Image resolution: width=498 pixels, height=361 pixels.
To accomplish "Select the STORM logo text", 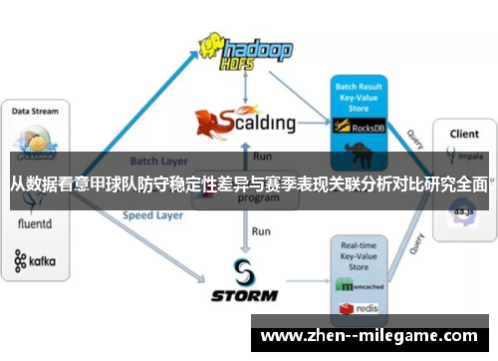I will tap(243, 295).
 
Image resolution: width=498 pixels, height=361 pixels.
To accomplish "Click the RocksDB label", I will tap(372, 128).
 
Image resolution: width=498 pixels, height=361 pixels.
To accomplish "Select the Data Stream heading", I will tap(35, 112).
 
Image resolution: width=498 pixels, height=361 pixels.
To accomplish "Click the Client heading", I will tap(464, 133).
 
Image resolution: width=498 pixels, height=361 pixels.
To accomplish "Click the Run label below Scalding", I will tap(262, 156).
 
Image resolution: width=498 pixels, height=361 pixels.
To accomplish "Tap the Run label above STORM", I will tap(261, 231).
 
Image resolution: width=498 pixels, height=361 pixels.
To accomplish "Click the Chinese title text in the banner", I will tap(249, 183).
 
